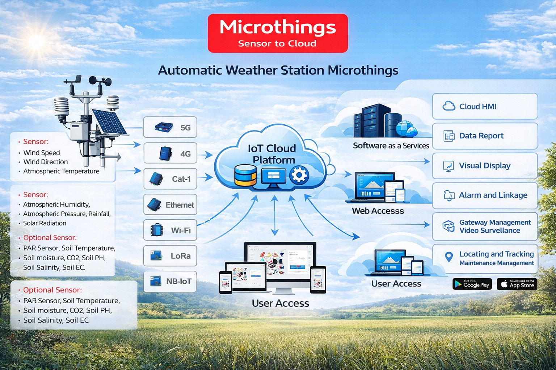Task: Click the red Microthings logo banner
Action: click(278, 33)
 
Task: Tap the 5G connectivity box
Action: click(170, 127)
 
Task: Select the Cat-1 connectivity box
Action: click(170, 179)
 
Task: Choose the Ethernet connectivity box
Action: click(170, 205)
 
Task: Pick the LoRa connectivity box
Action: click(170, 256)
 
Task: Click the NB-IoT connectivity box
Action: click(170, 281)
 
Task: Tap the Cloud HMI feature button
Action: click(485, 106)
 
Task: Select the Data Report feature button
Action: click(485, 136)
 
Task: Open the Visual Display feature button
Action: click(485, 166)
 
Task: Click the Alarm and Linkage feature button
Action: click(485, 195)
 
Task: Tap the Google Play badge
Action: click(472, 284)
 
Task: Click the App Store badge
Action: click(517, 284)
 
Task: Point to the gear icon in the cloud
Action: click(299, 175)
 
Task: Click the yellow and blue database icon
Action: click(245, 175)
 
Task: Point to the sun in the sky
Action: click(37, 42)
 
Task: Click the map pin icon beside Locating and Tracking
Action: click(449, 257)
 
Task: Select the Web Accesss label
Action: click(378, 211)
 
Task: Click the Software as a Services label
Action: click(391, 146)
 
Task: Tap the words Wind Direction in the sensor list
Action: click(46, 162)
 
